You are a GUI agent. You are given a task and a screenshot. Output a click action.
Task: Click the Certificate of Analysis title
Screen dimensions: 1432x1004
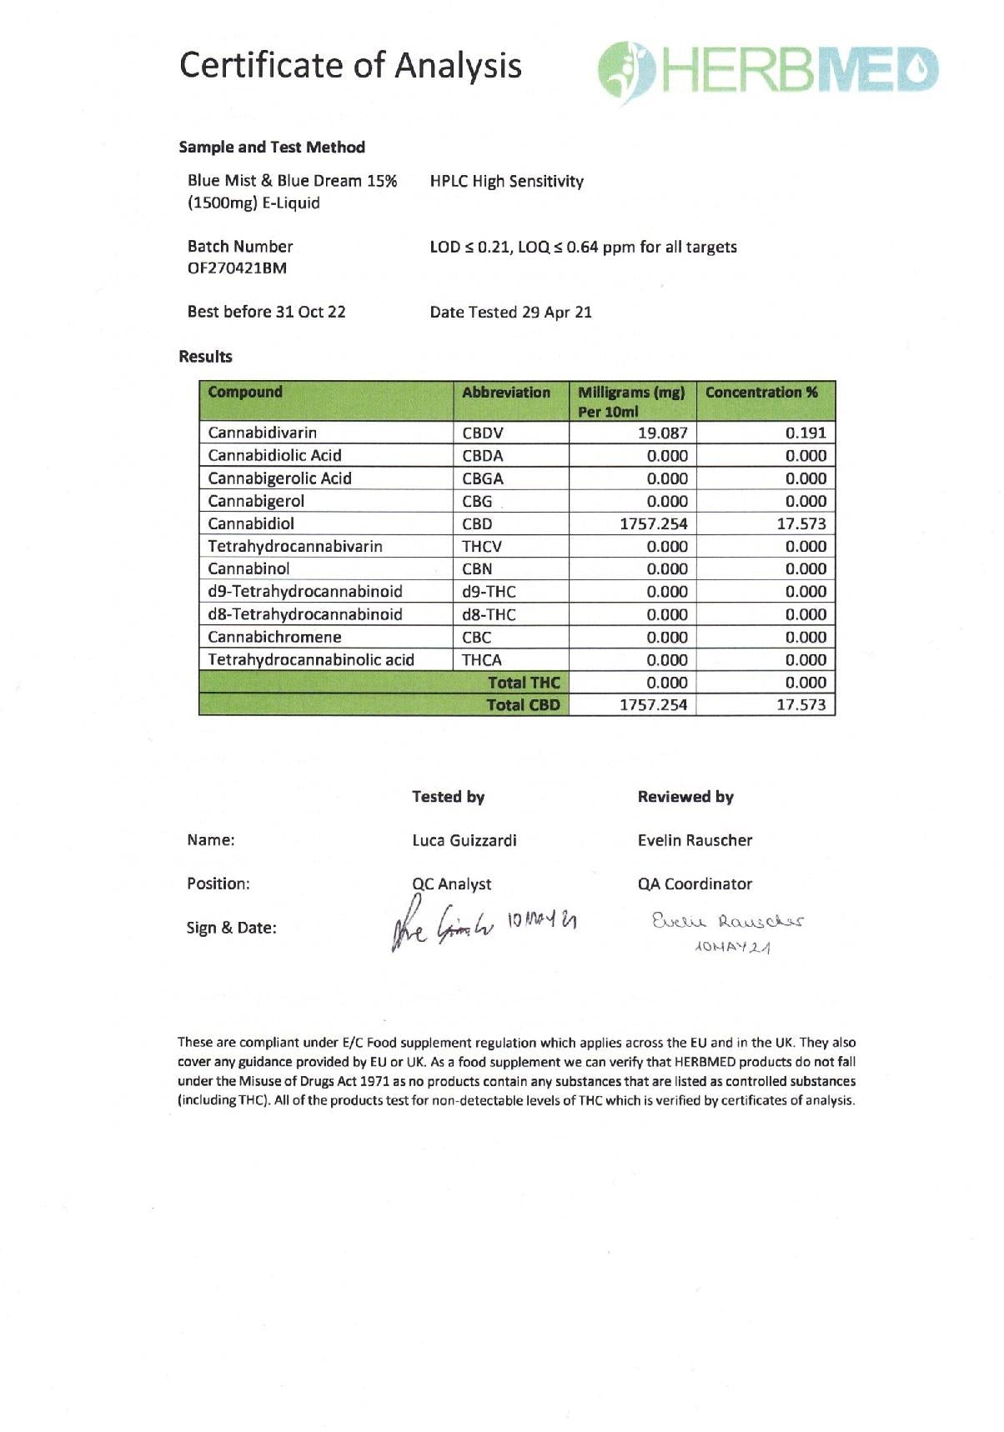tap(350, 65)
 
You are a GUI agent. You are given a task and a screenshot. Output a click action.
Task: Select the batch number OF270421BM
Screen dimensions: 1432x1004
tap(237, 268)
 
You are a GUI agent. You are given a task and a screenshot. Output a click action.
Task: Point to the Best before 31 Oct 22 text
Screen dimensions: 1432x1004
tap(266, 312)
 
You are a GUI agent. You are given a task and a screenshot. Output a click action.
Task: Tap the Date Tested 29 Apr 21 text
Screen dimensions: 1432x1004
tap(510, 313)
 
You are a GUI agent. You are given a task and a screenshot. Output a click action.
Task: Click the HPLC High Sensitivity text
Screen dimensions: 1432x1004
tap(506, 182)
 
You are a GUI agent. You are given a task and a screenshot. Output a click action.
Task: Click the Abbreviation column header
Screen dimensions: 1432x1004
tap(506, 393)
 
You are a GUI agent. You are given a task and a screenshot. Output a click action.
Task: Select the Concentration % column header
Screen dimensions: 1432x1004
tap(761, 393)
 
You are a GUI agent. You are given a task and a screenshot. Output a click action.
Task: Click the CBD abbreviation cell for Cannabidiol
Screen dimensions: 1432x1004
tap(477, 524)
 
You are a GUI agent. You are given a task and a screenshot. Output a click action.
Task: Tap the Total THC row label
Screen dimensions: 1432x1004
tap(524, 683)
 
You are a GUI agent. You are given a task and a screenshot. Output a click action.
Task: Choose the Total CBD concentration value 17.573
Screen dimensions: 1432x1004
tap(801, 705)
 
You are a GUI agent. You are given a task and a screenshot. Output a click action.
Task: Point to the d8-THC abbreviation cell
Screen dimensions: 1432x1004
tap(489, 615)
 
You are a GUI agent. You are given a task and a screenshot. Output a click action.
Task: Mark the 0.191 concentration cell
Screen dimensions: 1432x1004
tap(806, 433)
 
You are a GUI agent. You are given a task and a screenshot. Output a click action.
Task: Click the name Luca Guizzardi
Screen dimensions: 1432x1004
tap(464, 840)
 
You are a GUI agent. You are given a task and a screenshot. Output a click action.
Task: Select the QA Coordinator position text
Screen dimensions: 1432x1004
tap(695, 884)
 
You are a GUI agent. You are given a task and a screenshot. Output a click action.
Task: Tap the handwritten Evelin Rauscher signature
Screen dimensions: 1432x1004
tap(728, 922)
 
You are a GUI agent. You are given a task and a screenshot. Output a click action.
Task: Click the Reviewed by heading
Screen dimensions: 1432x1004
tap(685, 797)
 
